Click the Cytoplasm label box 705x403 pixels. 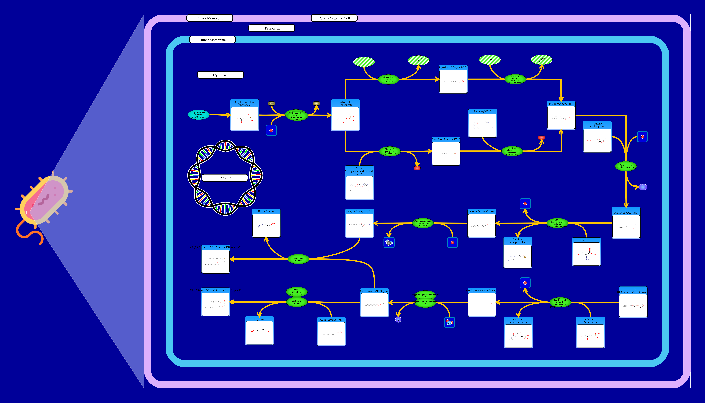click(x=220, y=75)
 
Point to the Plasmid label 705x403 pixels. click(x=225, y=178)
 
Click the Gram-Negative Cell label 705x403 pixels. click(x=334, y=18)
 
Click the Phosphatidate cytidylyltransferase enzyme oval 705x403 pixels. click(x=626, y=166)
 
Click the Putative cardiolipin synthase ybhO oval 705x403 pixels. click(x=296, y=292)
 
